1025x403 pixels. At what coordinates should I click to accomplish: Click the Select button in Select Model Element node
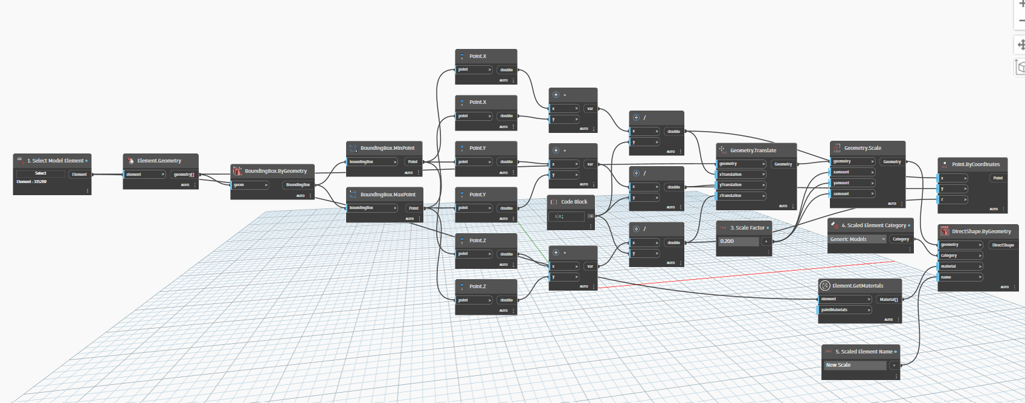point(40,173)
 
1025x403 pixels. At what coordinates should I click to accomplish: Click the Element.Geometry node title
point(159,161)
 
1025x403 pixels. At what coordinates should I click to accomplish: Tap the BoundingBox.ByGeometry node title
point(275,171)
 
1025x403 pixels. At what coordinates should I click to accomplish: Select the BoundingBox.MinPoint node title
point(387,148)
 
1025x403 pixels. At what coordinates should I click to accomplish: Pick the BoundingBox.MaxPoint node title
point(388,195)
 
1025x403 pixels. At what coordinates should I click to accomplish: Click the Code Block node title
point(574,202)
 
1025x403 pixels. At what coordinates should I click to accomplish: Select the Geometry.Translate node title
point(753,150)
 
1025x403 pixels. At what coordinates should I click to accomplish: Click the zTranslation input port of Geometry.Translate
point(741,196)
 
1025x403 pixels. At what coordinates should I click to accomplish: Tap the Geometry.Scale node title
point(863,148)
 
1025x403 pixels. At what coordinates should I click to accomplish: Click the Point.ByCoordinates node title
point(975,164)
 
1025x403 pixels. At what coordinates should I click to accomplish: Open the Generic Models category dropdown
point(858,239)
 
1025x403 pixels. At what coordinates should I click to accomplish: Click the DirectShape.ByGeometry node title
point(981,231)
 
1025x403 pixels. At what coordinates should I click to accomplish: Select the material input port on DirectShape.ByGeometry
point(960,266)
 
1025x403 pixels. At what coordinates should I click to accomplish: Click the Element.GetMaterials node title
point(858,286)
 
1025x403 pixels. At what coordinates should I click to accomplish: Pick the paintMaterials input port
point(845,310)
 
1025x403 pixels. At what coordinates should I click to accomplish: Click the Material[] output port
point(888,300)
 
